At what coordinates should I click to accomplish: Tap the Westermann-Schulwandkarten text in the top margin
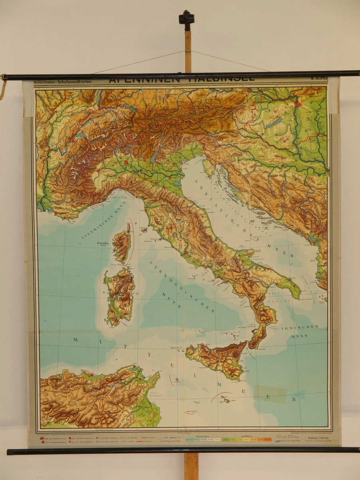[62, 82]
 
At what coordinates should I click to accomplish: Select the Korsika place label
[103, 243]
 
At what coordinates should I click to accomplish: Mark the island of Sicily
[218, 358]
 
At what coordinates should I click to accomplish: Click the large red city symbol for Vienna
[298, 103]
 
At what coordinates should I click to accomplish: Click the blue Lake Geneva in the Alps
[80, 136]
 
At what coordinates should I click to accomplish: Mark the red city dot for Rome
[185, 253]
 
